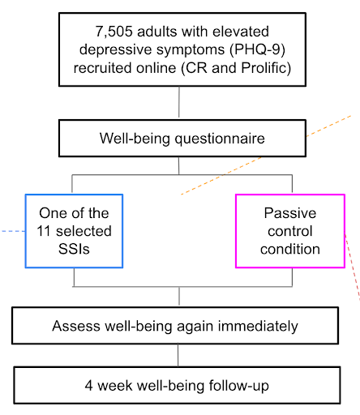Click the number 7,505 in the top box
(114, 32)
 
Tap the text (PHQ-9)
(257, 49)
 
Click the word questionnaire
(220, 139)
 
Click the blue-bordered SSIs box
(74, 231)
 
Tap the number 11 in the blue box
(44, 231)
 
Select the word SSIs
(74, 249)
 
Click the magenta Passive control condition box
(290, 231)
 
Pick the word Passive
(290, 213)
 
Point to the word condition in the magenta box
(290, 249)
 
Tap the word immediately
(258, 326)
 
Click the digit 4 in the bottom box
(88, 386)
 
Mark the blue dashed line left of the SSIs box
(13, 231)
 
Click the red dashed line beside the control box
(353, 267)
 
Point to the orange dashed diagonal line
(266, 155)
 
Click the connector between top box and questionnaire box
(179, 102)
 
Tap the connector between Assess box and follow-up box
(178, 355)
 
